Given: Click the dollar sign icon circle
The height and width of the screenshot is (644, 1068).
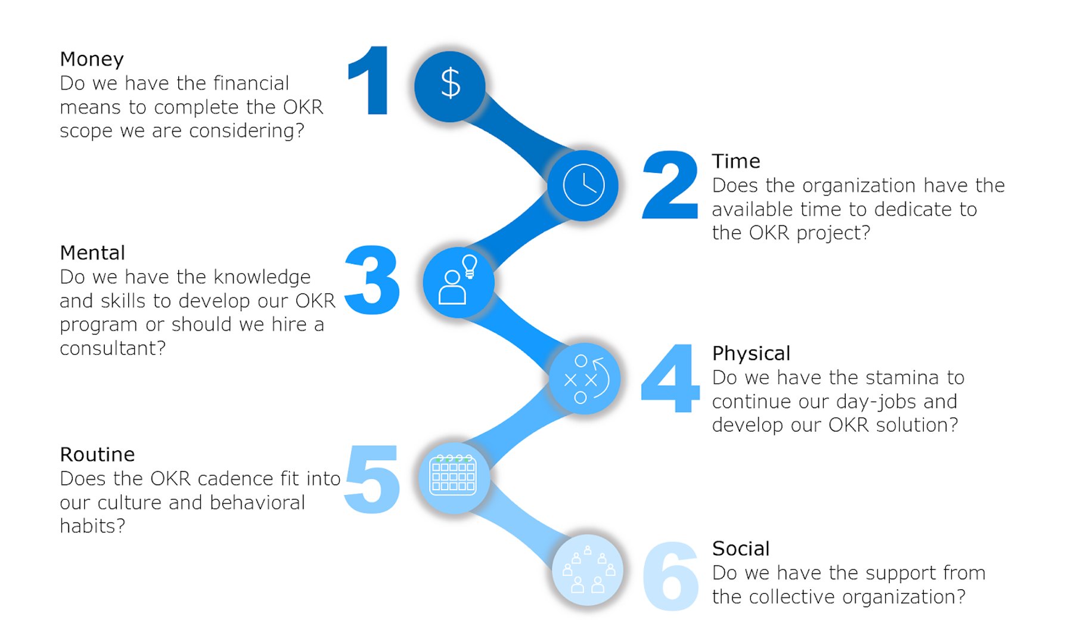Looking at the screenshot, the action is coord(450,86).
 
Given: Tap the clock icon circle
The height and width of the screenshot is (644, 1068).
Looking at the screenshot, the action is coord(583,185).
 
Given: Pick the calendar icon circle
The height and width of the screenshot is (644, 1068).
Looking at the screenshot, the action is coord(454,478).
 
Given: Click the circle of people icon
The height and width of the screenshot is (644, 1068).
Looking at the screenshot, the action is coord(588,569).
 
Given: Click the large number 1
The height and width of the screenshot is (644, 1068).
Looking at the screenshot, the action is coord(371,80).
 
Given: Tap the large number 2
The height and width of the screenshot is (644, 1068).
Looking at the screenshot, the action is coord(670,185).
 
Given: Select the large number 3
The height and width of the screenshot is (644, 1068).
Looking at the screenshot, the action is coord(372,280).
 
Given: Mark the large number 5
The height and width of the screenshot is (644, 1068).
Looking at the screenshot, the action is coord(372,479).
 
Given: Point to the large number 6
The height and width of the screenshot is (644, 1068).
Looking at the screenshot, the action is coord(671,576).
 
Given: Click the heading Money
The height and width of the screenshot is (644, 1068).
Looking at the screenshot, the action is coord(92,59).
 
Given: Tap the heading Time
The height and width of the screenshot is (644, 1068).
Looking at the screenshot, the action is coord(736,161).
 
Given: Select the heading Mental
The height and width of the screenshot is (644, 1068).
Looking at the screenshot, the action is coord(92,253).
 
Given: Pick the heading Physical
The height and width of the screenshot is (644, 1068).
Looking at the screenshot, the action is coord(752,354).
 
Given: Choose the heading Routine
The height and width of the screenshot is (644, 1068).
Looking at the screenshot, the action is coord(97,454).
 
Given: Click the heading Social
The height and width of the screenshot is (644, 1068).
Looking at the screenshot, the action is coord(741,549).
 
